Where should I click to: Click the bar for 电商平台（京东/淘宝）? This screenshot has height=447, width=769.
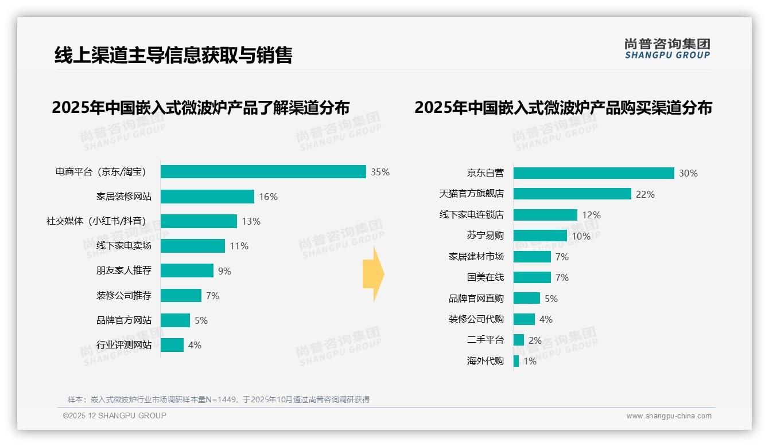click(263, 172)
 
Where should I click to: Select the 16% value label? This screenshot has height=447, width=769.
click(268, 197)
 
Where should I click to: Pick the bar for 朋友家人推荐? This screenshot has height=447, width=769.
click(187, 270)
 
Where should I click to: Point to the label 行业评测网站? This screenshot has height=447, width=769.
click(124, 345)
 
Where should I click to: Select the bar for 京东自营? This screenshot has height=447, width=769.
click(593, 173)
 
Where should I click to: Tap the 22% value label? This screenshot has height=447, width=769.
click(645, 194)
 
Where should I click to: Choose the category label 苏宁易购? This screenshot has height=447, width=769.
click(485, 236)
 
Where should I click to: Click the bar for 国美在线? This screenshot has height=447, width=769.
click(532, 277)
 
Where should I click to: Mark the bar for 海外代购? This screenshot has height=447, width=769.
click(516, 361)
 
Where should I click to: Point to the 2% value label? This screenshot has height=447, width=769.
click(535, 340)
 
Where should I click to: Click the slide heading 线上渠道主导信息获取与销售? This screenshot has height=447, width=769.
click(173, 55)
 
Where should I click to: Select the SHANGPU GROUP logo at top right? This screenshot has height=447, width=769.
click(667, 49)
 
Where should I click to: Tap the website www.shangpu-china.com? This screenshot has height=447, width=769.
click(669, 416)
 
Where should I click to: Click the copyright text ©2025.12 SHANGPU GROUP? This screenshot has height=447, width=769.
click(115, 415)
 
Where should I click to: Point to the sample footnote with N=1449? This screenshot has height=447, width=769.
click(219, 399)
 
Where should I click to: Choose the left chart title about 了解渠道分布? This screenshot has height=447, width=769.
click(200, 108)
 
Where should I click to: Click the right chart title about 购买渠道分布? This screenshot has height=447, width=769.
click(563, 108)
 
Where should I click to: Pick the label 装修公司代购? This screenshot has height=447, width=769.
click(476, 319)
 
